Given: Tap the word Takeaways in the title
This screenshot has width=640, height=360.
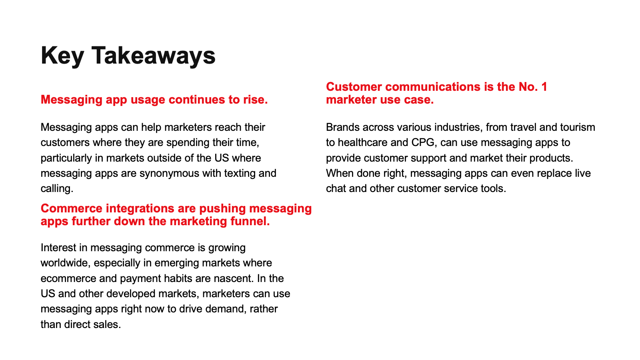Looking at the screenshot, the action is (x=154, y=56).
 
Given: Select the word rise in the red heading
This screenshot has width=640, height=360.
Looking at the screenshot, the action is (x=256, y=100).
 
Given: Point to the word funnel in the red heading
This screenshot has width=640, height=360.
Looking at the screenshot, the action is (x=250, y=221).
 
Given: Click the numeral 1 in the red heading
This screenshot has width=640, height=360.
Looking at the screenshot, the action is (x=544, y=87).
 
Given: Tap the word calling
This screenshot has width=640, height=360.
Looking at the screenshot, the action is (x=57, y=189).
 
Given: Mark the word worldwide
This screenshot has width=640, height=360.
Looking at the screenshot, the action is (x=66, y=263).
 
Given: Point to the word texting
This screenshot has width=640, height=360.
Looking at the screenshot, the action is (x=240, y=174).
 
